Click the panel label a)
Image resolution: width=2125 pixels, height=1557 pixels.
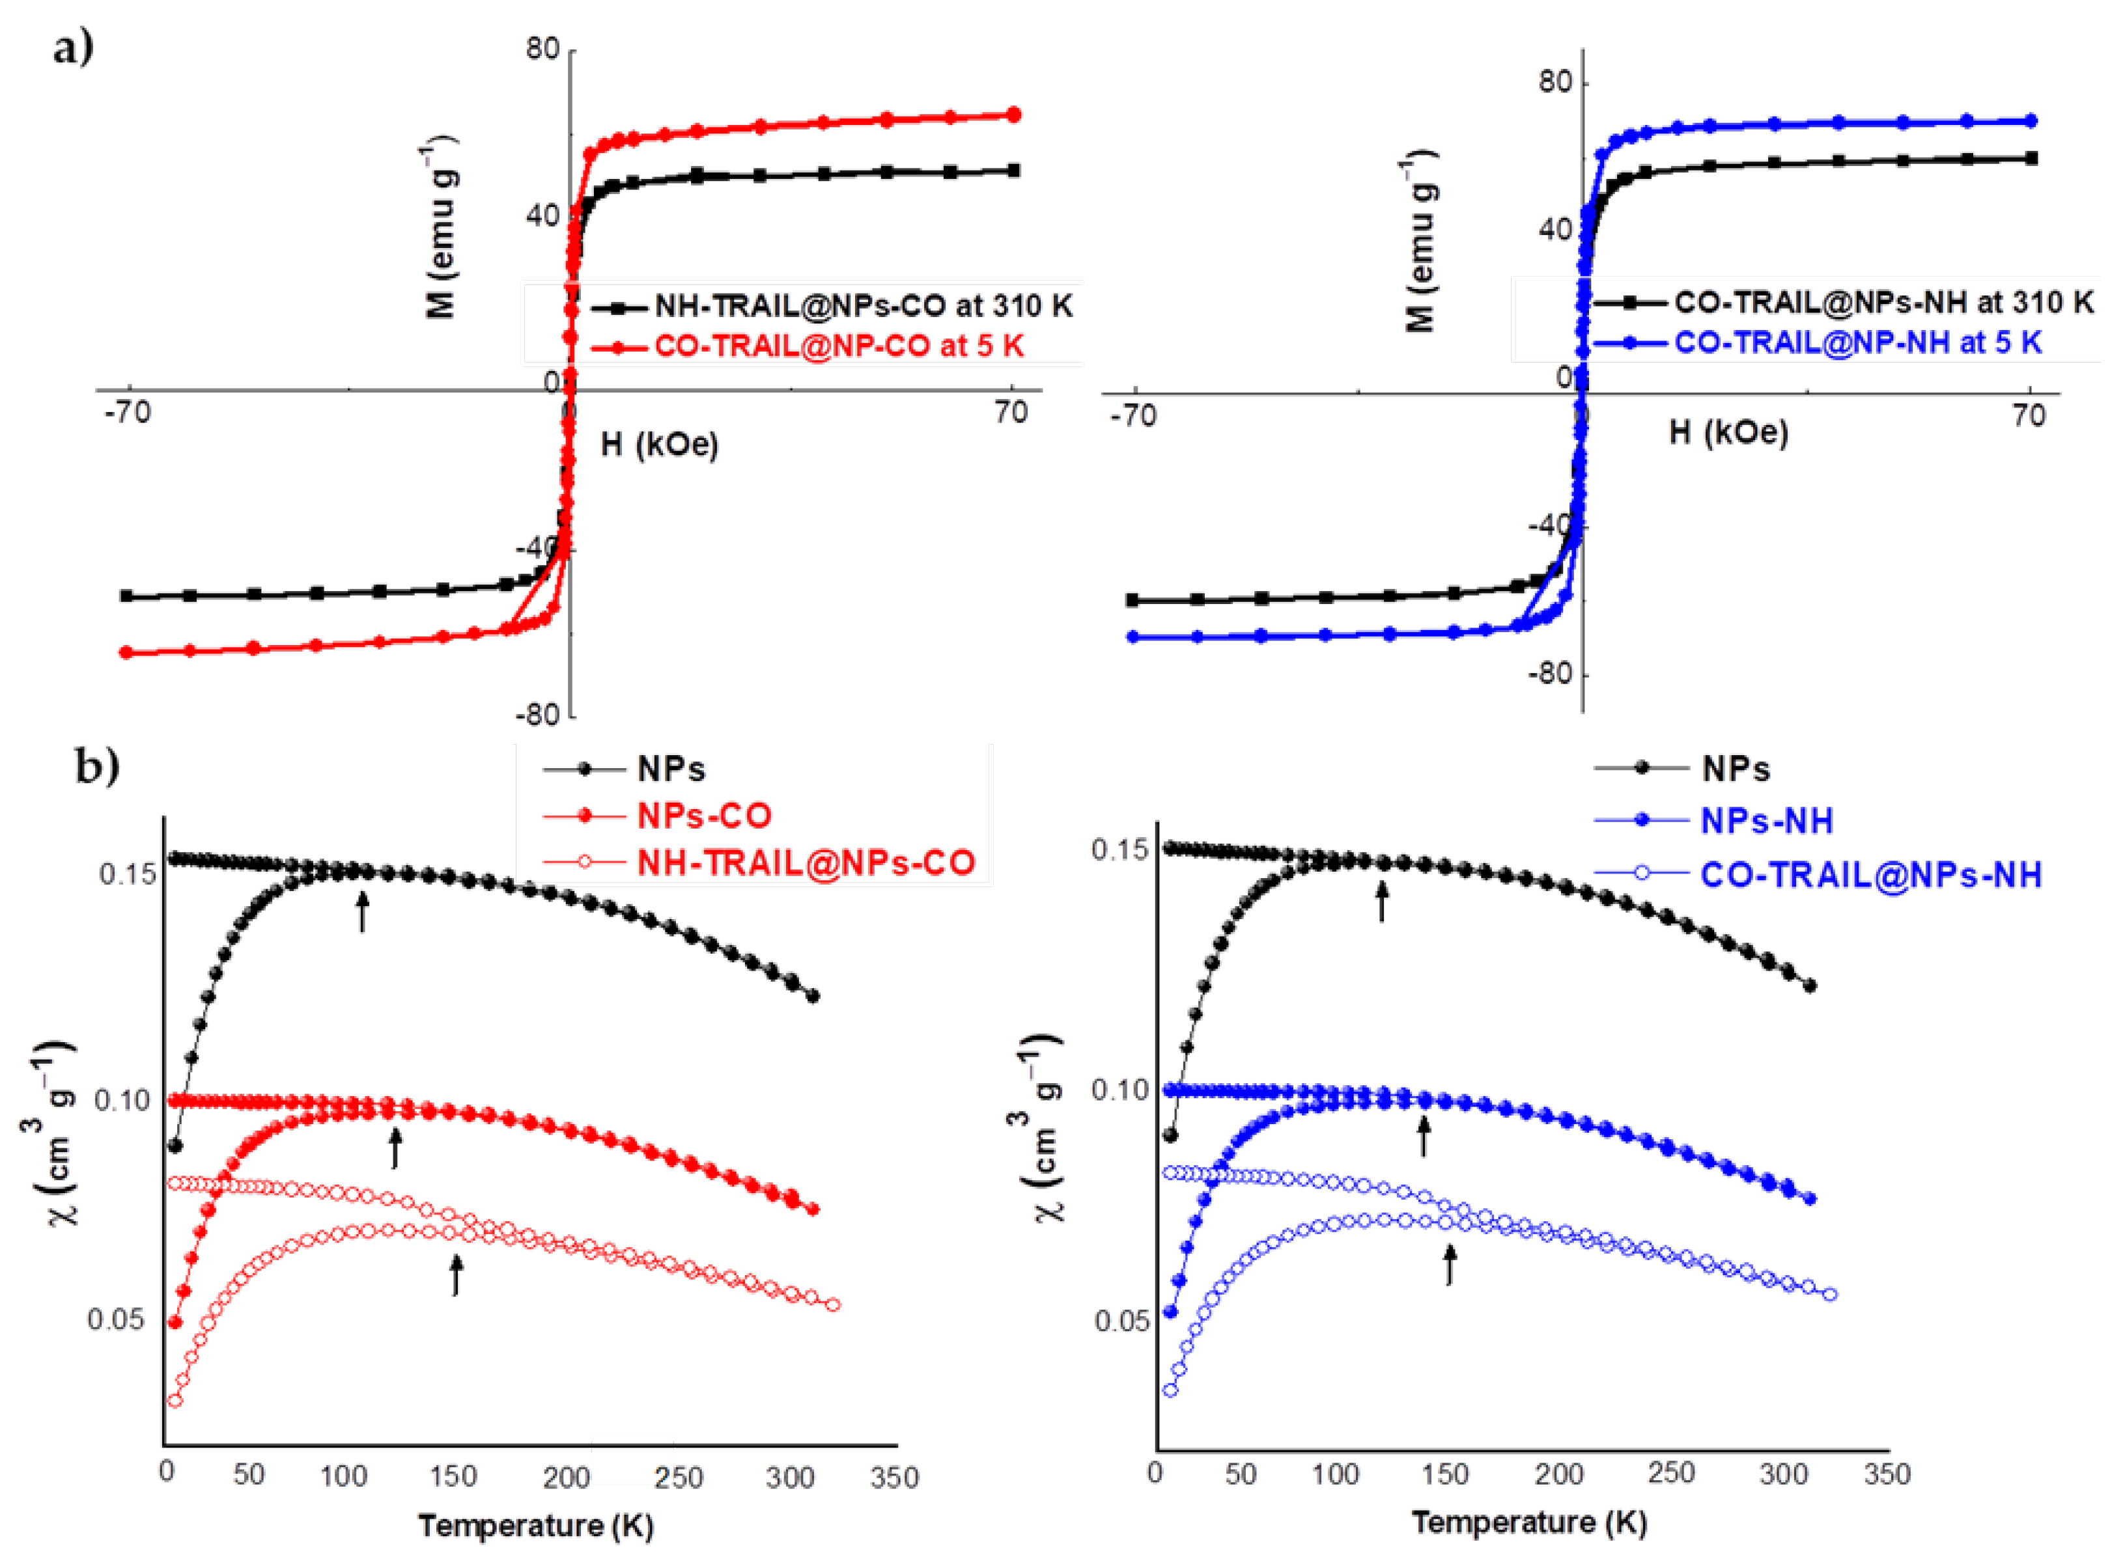coord(72,47)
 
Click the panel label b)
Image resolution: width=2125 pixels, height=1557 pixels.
coord(97,765)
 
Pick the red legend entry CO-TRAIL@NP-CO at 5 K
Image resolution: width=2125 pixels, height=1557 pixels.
coord(838,346)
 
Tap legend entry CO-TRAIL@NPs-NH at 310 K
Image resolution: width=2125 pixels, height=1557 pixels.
coord(1883,303)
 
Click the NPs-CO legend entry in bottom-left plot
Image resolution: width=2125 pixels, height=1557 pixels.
coord(703,815)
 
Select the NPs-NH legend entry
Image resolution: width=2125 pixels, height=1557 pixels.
coord(1766,821)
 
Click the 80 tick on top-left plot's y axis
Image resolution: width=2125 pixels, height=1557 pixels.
coord(543,49)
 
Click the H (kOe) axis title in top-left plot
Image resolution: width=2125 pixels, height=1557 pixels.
coord(659,444)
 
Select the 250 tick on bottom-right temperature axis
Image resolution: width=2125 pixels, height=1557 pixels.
coord(1670,1473)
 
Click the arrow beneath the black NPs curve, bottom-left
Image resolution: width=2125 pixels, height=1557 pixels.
coord(362,911)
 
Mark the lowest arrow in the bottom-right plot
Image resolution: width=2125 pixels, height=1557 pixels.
coord(1450,1264)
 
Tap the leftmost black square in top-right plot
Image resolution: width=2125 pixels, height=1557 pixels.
coord(1133,600)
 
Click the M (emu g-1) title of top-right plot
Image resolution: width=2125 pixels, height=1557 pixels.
coord(1420,240)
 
